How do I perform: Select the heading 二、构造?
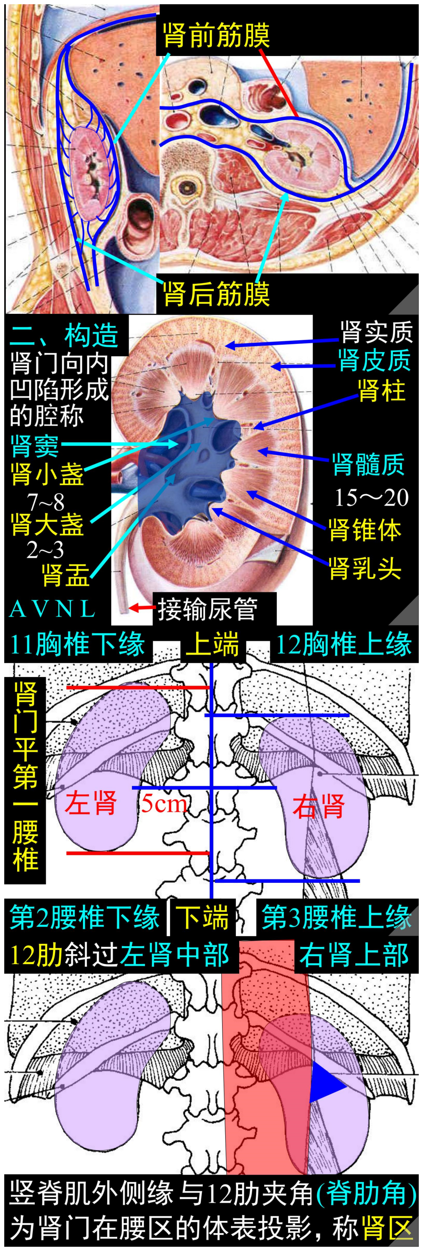point(65,335)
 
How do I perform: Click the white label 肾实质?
point(376,333)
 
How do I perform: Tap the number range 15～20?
point(371,497)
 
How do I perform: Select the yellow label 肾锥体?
point(365,529)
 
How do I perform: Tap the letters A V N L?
point(52,609)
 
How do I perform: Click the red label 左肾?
point(91,802)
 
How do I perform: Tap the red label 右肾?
point(318,806)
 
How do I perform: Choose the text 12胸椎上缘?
point(344,644)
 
